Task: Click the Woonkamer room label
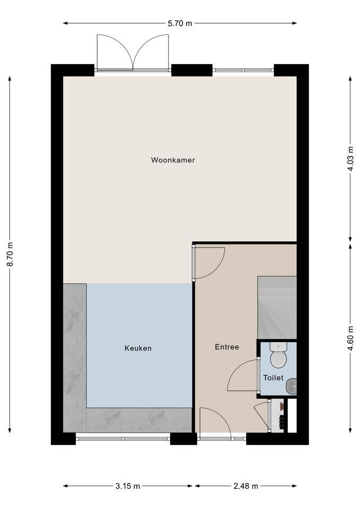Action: point(173,160)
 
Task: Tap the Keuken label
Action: point(138,348)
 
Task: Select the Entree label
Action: point(227,347)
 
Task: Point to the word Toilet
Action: point(274,378)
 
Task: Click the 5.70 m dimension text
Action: point(180,23)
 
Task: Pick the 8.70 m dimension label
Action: point(10,254)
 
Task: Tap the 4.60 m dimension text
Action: point(350,338)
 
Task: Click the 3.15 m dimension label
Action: point(128,486)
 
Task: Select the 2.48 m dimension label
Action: point(245,486)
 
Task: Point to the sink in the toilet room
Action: point(291,387)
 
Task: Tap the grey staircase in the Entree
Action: point(277,308)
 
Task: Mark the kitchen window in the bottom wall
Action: point(123,438)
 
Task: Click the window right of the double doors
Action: point(243,70)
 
